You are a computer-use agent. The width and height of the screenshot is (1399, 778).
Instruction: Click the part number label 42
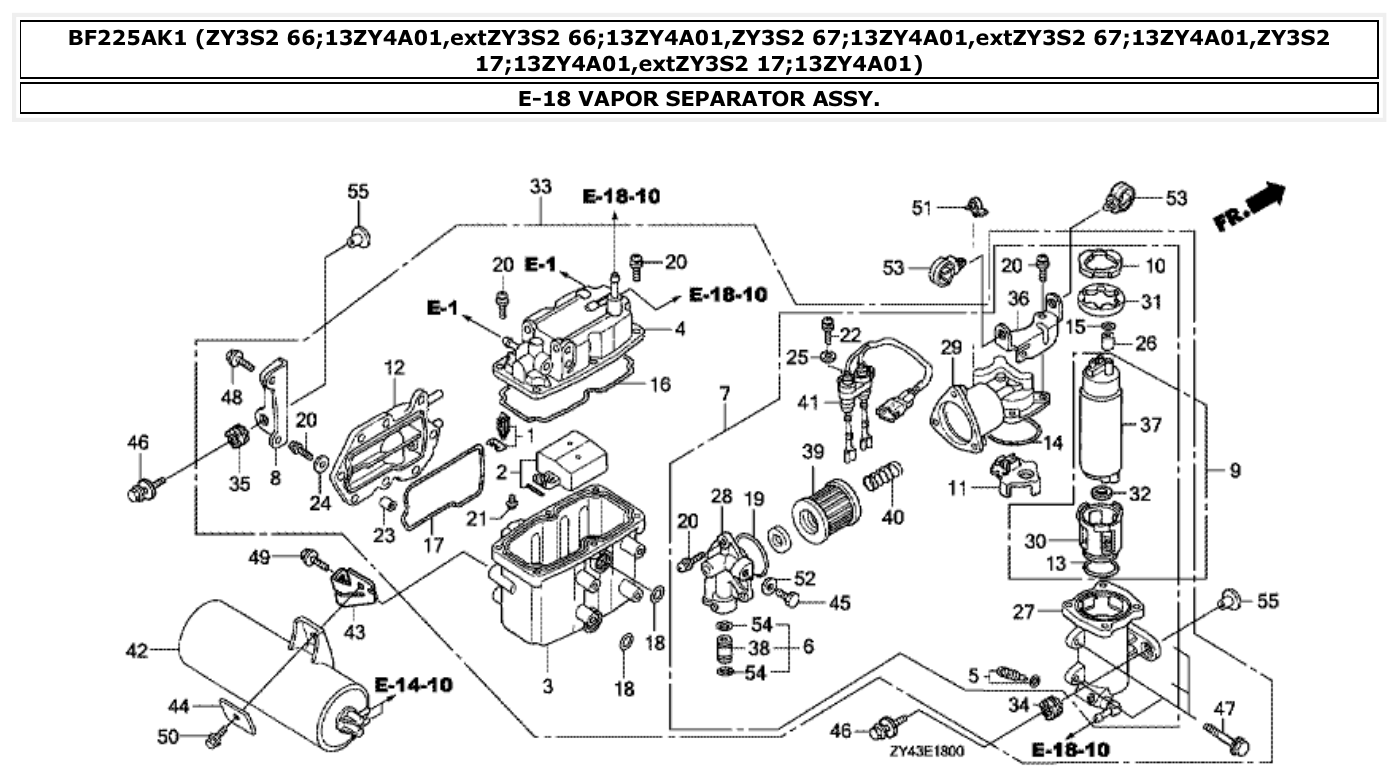point(136,652)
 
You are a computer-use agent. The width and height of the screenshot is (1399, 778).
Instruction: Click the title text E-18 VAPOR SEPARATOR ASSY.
point(699,99)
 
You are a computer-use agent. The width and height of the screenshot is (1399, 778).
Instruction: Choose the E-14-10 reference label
point(413,685)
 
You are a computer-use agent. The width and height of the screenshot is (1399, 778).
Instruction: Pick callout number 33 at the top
point(540,187)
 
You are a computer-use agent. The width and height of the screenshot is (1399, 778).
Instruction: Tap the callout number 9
point(1235,469)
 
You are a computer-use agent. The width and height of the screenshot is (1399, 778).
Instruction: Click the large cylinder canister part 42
point(270,661)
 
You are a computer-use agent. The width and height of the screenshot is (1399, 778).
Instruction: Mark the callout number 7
point(724,394)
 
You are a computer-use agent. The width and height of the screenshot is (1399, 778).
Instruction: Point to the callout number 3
point(548,687)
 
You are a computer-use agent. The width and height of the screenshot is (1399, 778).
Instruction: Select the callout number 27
point(1024,611)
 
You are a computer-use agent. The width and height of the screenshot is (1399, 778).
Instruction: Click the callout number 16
point(660,385)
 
